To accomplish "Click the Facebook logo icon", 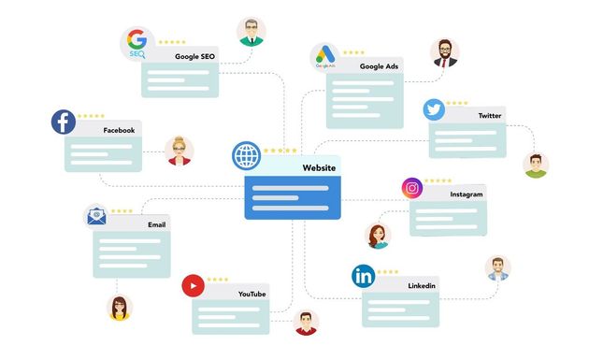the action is [65, 122].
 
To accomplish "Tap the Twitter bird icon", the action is [434, 109].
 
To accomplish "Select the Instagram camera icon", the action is [412, 188].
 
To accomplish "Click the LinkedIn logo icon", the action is [364, 277].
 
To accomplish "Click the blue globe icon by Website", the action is [247, 154].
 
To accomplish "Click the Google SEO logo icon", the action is [136, 43].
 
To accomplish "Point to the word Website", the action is [318, 167].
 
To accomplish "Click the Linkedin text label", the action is [422, 285].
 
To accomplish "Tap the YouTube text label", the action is [252, 295].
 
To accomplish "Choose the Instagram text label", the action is [466, 194].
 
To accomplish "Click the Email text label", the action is [157, 225].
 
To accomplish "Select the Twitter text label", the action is [490, 115].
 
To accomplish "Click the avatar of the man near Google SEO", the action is [251, 32].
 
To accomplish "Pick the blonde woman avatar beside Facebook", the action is [180, 151].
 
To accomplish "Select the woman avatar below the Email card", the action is [119, 308].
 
